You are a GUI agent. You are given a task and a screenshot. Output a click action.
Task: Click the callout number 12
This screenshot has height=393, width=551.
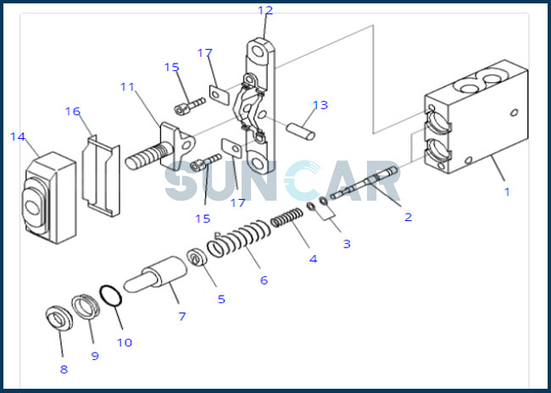[x=265, y=10]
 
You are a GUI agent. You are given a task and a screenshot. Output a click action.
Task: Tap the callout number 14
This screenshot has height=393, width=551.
[x=18, y=136]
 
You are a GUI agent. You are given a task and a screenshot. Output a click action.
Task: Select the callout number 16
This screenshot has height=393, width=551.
[x=73, y=111]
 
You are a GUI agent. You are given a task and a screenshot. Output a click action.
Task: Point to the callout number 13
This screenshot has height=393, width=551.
[x=320, y=105]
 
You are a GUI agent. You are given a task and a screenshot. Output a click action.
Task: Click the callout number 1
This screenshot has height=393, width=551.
[x=507, y=191]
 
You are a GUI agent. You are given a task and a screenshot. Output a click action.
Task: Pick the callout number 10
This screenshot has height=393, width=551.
[x=125, y=342]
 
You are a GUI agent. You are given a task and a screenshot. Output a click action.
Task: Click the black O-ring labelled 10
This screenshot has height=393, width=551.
[x=111, y=296]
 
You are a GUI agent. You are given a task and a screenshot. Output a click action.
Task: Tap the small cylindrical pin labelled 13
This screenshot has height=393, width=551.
[x=301, y=131]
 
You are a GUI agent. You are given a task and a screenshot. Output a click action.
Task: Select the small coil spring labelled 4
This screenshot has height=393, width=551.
[x=287, y=218]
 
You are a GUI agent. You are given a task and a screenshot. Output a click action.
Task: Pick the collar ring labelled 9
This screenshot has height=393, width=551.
[x=86, y=307]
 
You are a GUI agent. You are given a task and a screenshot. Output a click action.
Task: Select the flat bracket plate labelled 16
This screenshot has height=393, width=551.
[x=101, y=175]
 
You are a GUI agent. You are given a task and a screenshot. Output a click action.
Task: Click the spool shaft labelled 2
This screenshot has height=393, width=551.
[x=364, y=182]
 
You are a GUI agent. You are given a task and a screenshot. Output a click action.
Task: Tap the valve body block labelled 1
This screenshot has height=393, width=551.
[x=476, y=117]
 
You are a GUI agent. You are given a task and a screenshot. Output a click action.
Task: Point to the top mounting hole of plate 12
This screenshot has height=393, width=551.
[x=258, y=52]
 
